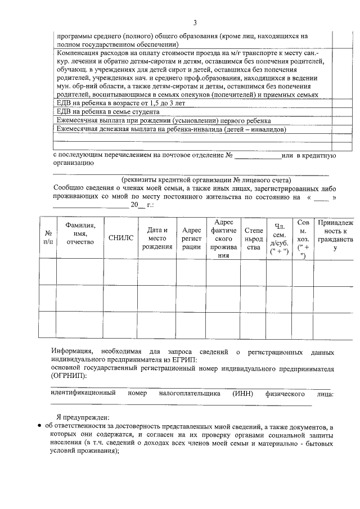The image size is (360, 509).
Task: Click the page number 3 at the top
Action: [195, 22]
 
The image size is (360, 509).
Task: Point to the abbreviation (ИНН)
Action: [245, 394]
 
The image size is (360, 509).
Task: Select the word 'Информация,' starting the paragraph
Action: [72, 352]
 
